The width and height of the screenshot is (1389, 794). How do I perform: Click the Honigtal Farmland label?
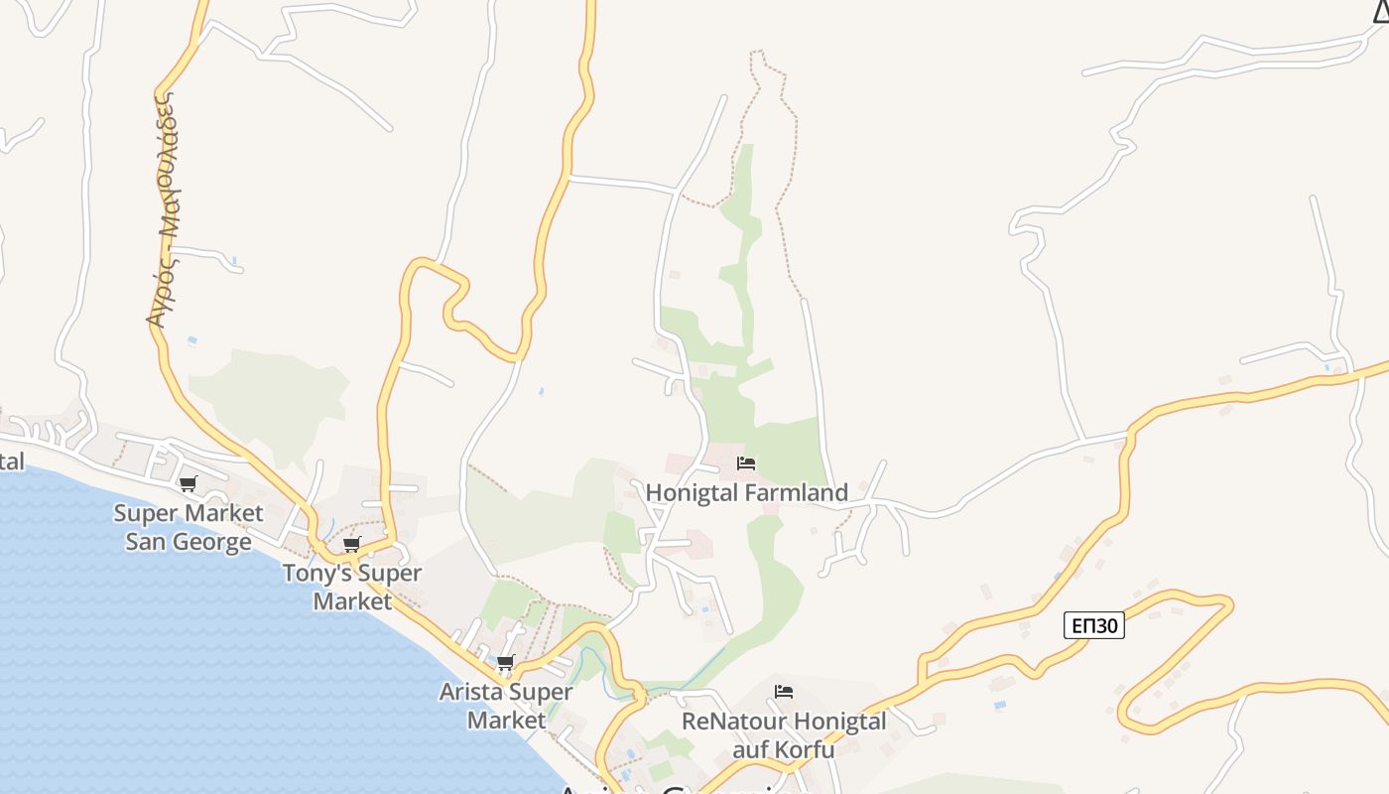coord(747,493)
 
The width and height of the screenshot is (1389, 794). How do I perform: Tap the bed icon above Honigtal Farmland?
coord(746,463)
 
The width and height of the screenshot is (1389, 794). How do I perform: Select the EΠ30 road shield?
coord(1093,625)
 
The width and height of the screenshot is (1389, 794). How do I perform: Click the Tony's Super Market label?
coord(352,587)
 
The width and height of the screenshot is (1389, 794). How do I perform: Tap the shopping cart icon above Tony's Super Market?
coord(352,545)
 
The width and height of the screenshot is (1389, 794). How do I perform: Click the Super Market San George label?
coord(189,527)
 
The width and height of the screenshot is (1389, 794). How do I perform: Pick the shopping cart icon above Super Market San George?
coord(188,484)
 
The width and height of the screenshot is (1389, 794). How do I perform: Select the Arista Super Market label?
coord(506,706)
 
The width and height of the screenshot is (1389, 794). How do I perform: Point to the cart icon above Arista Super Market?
coord(505,663)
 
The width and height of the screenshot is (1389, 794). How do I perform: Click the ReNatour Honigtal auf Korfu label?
coord(784,734)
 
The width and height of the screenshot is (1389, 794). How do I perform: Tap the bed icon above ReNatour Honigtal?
coord(784,692)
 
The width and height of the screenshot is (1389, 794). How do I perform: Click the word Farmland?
coord(801,493)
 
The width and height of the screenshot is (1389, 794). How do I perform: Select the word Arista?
coord(470,693)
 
